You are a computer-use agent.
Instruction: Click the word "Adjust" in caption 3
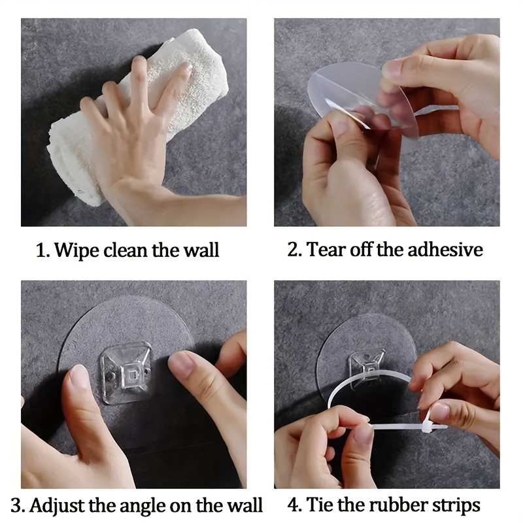coord(57,505)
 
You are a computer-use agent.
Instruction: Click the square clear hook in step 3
coord(126,373)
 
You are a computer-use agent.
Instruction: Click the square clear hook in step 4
coord(367,367)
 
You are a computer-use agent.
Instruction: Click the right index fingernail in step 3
coord(182,364)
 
